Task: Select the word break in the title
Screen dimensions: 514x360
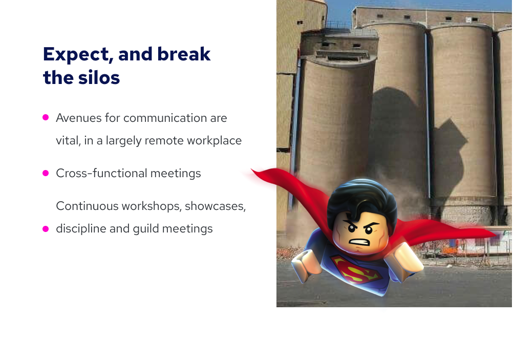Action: click(184, 54)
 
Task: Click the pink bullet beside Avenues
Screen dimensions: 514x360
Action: click(46, 117)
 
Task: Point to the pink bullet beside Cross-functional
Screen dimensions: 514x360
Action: click(46, 173)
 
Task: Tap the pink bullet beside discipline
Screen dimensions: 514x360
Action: click(46, 229)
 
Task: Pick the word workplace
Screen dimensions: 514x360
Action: click(214, 141)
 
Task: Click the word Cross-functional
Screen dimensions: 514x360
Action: click(101, 173)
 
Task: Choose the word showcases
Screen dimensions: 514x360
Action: click(215, 206)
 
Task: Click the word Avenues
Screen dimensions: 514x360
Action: click(79, 118)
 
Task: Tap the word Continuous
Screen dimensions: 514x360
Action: click(87, 206)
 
